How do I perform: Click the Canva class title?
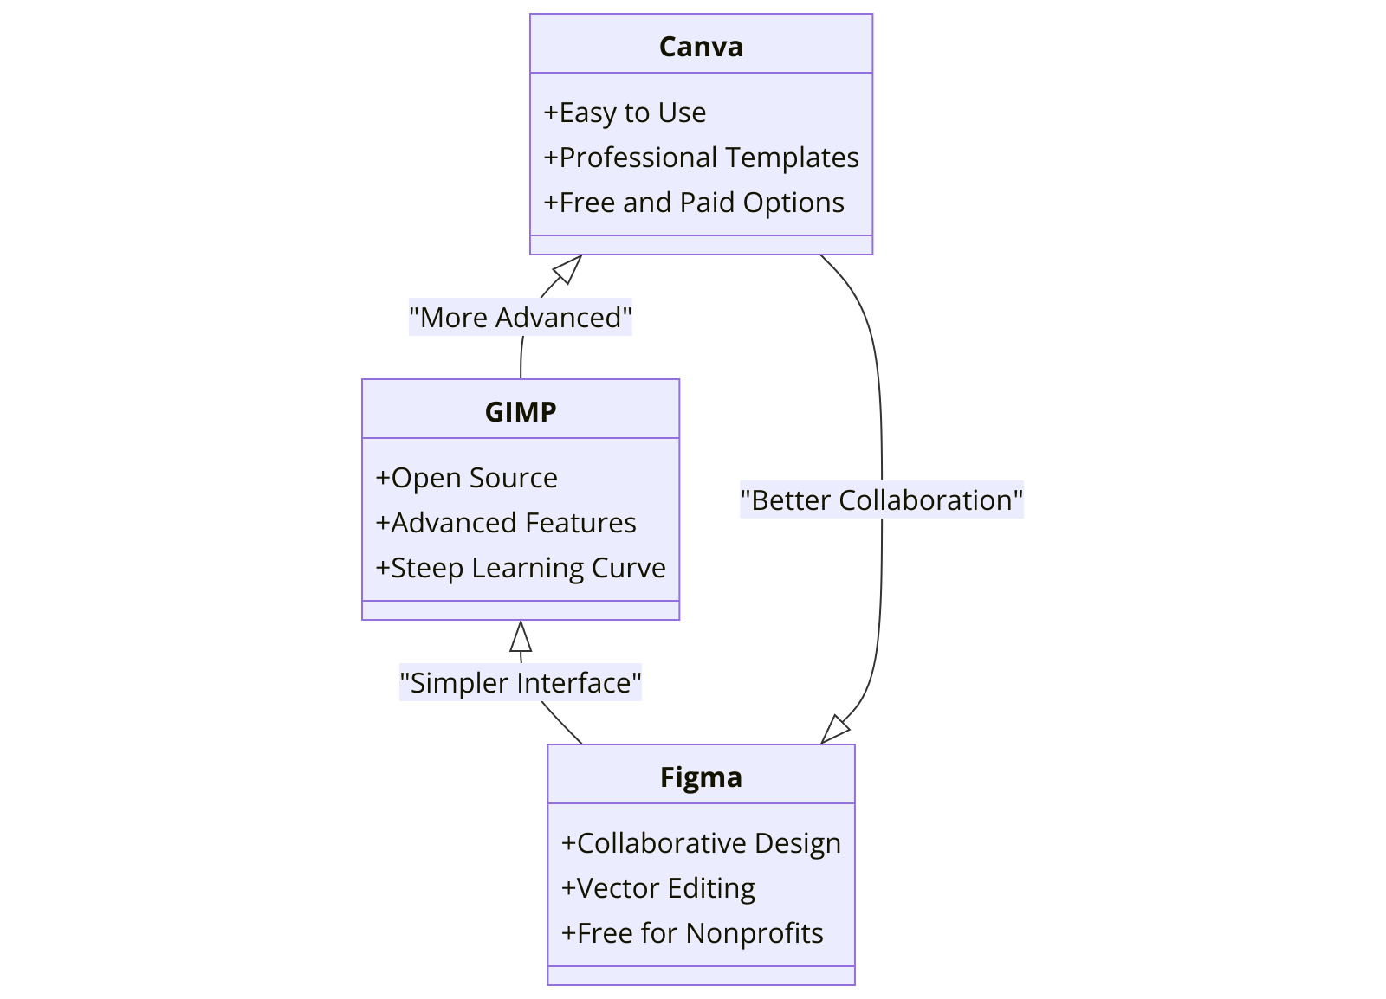tap(701, 47)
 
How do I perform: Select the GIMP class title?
tap(521, 412)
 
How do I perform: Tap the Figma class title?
tap(701, 777)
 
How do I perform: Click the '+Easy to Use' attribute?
tap(625, 113)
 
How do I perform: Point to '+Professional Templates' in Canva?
tap(701, 158)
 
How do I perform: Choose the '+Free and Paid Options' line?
tap(693, 203)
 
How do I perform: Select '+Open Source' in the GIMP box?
tap(466, 478)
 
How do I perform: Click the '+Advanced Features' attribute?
tap(506, 523)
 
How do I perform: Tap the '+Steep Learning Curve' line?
tap(521, 568)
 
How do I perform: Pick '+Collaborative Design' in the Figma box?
tap(701, 843)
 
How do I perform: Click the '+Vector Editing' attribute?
tap(658, 888)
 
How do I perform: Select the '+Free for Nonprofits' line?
tap(692, 933)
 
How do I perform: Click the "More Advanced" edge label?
tap(521, 318)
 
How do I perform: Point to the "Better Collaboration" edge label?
tap(882, 500)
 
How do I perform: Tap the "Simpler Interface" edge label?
tap(521, 683)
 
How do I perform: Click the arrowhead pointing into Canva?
tap(568, 268)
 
